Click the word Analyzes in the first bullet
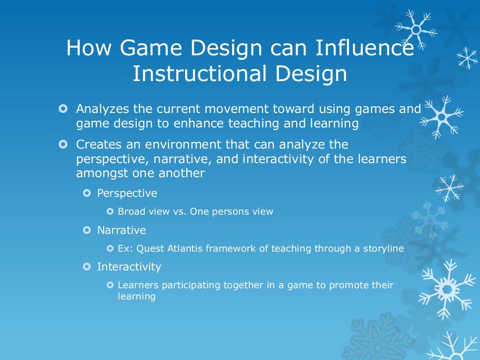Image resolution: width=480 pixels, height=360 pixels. click(x=102, y=109)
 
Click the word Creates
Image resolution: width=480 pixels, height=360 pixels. click(x=97, y=144)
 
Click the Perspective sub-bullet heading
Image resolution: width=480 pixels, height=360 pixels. click(x=127, y=193)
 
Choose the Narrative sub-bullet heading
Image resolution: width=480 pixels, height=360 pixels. click(x=121, y=230)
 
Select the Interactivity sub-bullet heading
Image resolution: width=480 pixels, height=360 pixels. click(x=129, y=267)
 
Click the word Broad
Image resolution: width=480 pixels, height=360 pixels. click(x=131, y=211)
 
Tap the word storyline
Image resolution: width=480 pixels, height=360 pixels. click(x=383, y=248)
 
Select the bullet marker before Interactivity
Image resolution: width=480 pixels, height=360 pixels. click(x=86, y=267)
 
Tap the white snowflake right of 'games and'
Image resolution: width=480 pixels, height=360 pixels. click(x=441, y=114)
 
